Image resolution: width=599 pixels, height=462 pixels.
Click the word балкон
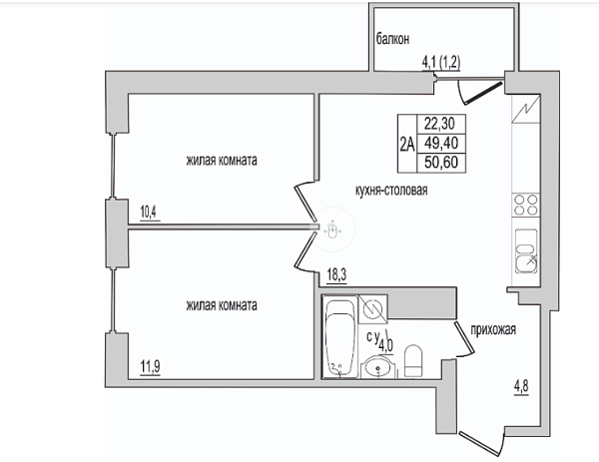coord(392,39)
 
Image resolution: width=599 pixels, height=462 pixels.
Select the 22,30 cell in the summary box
coord(441,124)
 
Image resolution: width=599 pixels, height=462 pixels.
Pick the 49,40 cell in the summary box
coord(441,143)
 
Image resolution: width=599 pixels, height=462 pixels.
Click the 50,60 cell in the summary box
coord(441,163)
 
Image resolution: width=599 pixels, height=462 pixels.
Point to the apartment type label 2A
coord(407,145)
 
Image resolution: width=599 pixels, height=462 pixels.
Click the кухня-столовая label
coord(391,190)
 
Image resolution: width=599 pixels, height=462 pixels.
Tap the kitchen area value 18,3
coord(336,275)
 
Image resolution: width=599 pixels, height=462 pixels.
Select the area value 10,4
coord(149,212)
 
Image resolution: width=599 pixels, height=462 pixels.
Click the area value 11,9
coord(150,367)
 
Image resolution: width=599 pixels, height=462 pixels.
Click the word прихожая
coord(493,329)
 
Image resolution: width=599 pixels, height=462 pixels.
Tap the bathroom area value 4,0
coord(385,346)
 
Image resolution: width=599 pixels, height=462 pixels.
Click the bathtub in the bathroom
coord(340,336)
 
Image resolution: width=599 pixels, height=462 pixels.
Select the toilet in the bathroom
coord(413,361)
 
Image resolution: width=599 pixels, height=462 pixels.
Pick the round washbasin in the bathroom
coord(378,367)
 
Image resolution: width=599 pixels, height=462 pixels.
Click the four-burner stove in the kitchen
coord(526,205)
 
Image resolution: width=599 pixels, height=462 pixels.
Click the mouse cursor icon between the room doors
coord(332,230)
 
